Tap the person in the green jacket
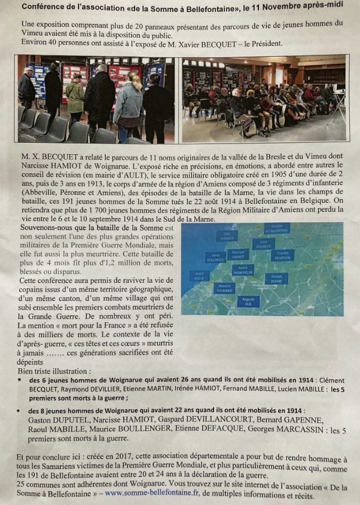click(75, 99)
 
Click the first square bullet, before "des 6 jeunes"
click(21, 380)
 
